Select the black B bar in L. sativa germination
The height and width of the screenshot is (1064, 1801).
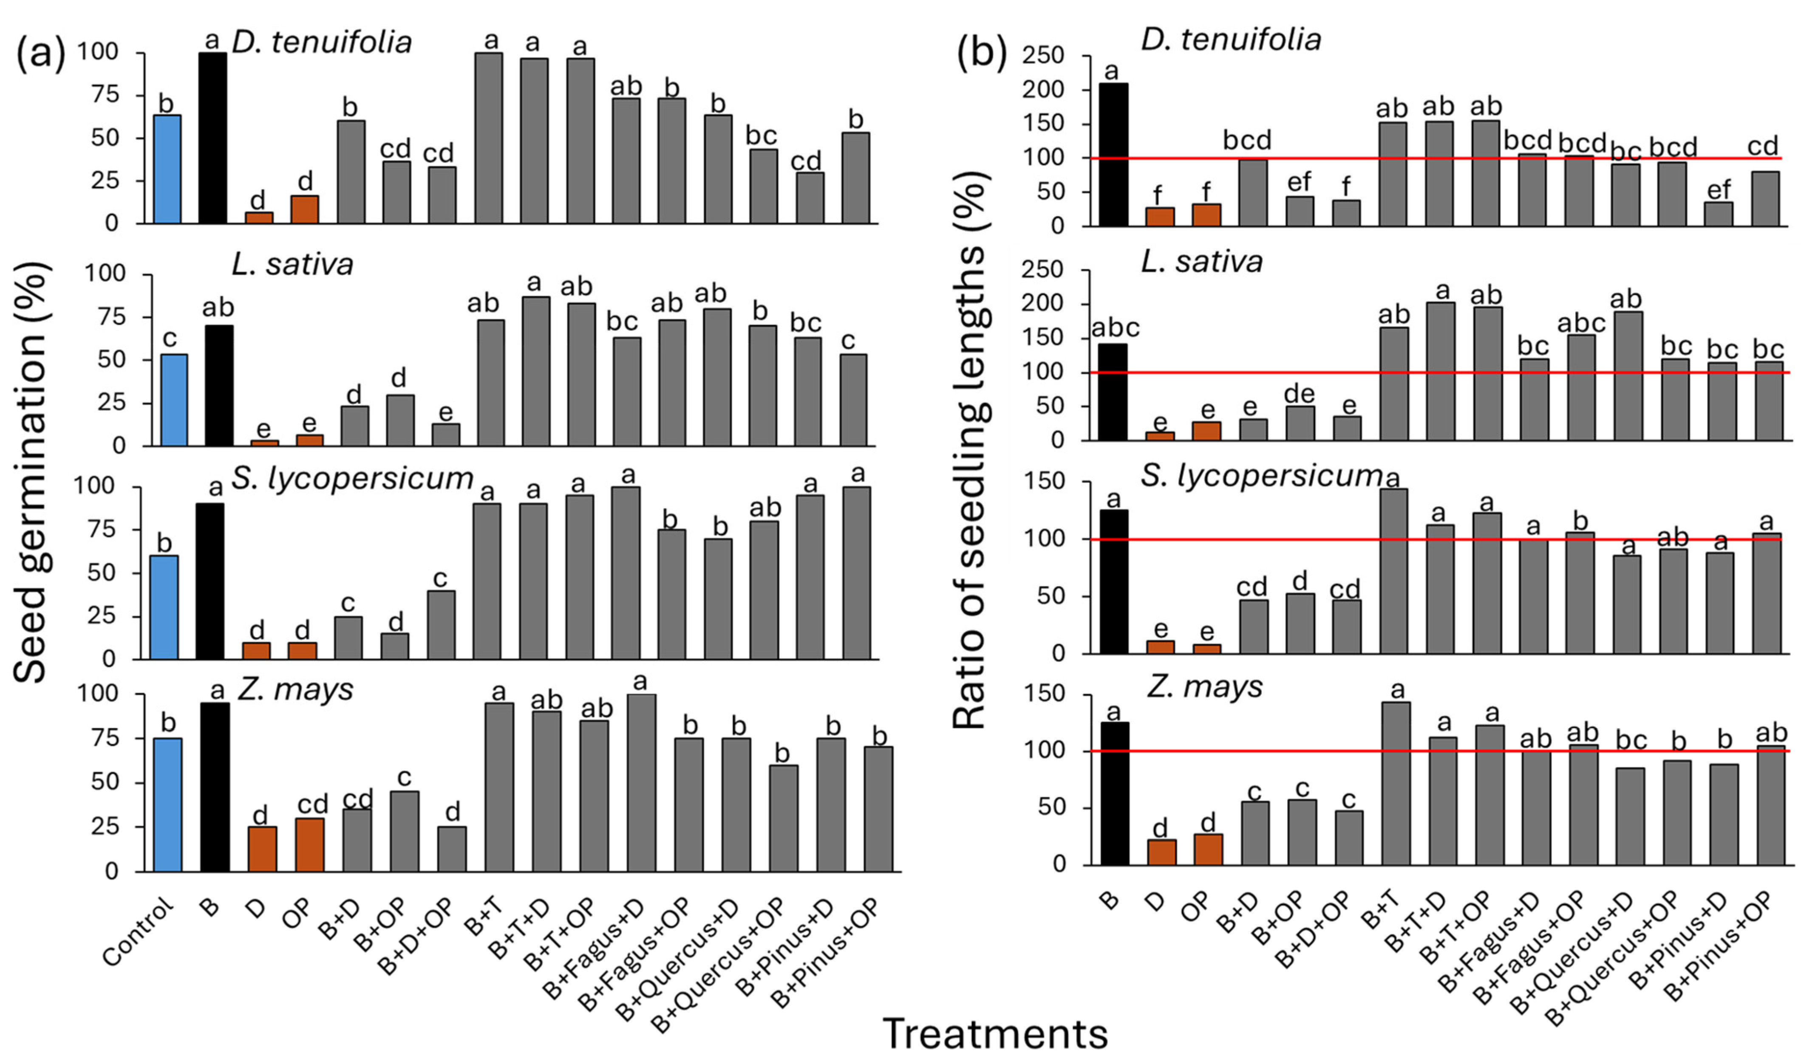click(x=219, y=386)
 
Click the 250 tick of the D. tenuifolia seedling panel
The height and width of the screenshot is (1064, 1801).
click(x=1044, y=56)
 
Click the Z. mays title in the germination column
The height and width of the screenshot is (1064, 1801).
click(x=295, y=690)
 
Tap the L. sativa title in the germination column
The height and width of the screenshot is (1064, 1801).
click(x=293, y=265)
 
